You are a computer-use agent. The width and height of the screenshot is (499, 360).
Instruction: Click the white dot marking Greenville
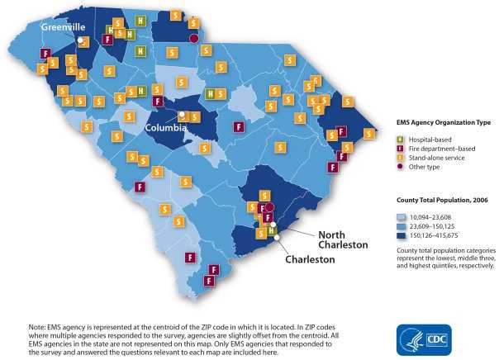[80, 40]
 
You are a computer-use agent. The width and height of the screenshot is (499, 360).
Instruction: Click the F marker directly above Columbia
[158, 101]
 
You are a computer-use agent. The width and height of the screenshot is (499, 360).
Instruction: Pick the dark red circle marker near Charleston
[269, 207]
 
